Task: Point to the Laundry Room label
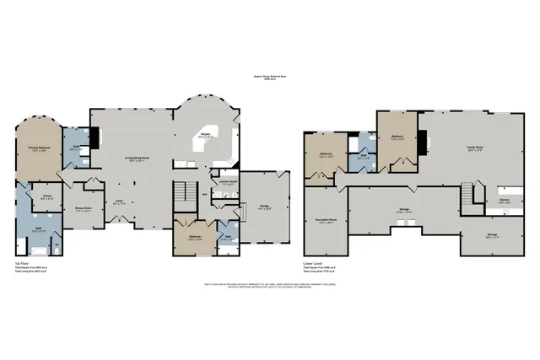point(227,181)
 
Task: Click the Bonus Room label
point(83,208)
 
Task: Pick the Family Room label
point(475,149)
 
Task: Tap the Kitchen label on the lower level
point(503,201)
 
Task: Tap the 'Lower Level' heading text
point(313,263)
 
